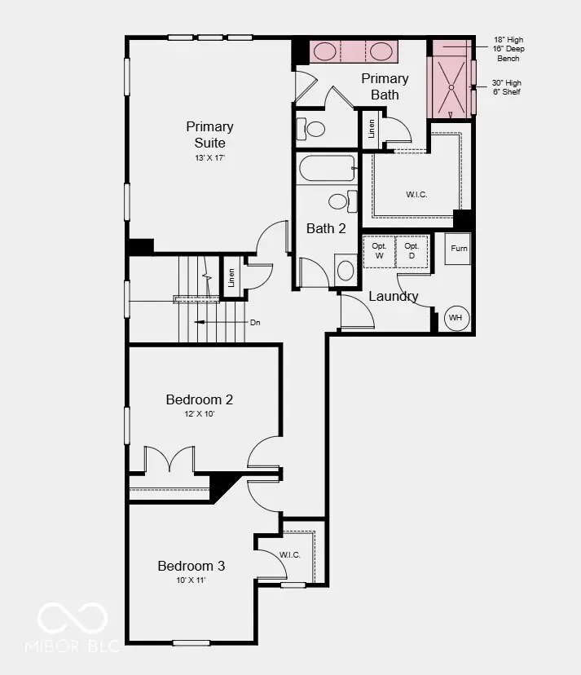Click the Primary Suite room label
pyautogui.click(x=209, y=135)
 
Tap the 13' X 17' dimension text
pyautogui.click(x=209, y=157)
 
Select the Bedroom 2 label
pyautogui.click(x=200, y=399)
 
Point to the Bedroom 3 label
pyautogui.click(x=191, y=566)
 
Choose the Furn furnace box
pyautogui.click(x=459, y=248)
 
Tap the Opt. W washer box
pyautogui.click(x=379, y=251)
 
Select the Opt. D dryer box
pyautogui.click(x=412, y=251)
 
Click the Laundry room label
pyautogui.click(x=394, y=296)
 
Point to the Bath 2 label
pyautogui.click(x=325, y=228)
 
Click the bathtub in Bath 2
pyautogui.click(x=326, y=169)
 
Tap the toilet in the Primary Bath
pyautogui.click(x=311, y=128)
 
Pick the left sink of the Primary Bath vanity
pyautogui.click(x=325, y=51)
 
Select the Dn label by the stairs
pyautogui.click(x=254, y=323)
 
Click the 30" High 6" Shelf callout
pyautogui.click(x=507, y=87)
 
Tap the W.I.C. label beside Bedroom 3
pyautogui.click(x=290, y=555)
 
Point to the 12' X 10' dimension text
pyautogui.click(x=200, y=414)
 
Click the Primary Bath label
pyautogui.click(x=385, y=86)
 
